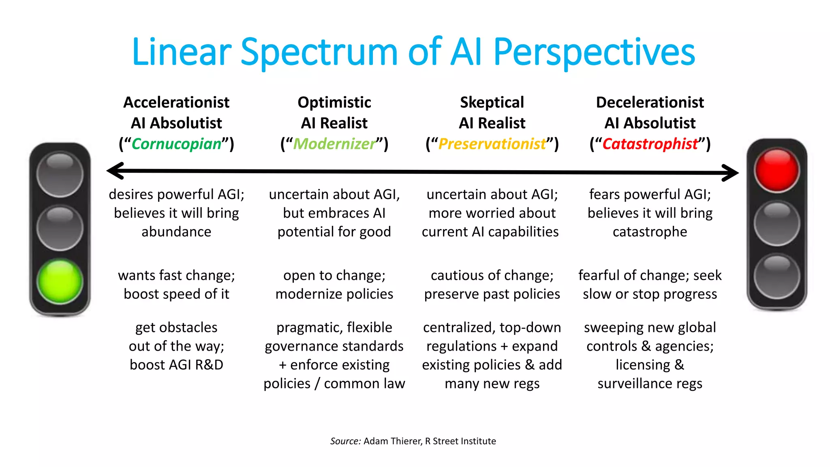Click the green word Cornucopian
176,144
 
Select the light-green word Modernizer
334,144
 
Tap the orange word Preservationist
492,144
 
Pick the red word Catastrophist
650,144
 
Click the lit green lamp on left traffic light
60,281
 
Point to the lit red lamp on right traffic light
777,170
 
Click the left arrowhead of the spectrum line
115,171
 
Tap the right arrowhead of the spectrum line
731,173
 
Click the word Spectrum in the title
319,53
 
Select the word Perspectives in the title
594,53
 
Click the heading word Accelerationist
176,102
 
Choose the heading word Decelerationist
650,102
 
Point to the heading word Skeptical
492,102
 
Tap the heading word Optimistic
334,102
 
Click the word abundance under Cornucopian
176,231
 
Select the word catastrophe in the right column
650,231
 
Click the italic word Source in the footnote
345,441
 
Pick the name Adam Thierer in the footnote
392,441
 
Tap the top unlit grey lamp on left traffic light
60,174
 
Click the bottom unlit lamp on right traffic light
777,276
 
